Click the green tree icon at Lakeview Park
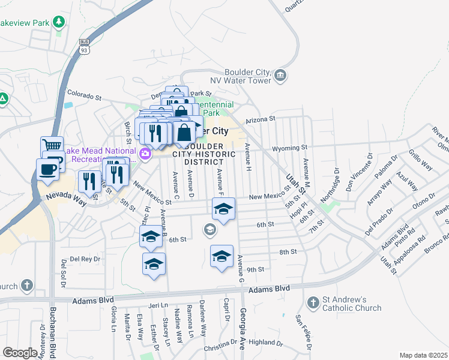pyautogui.click(x=59, y=23)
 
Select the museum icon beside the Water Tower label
pyautogui.click(x=281, y=75)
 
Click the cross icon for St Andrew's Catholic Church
pyautogui.click(x=313, y=302)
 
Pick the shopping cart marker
pyautogui.click(x=52, y=145)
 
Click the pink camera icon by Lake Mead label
pyautogui.click(x=145, y=155)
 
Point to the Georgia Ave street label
pyautogui.click(x=243, y=324)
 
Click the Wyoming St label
pyautogui.click(x=289, y=147)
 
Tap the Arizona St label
pyautogui.click(x=259, y=119)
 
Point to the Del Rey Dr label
pyautogui.click(x=85, y=259)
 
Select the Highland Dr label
pyautogui.click(x=265, y=343)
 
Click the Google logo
pyautogui.click(x=20, y=353)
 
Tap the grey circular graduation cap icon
pyautogui.click(x=209, y=228)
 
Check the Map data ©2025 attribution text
pyautogui.click(x=423, y=355)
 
